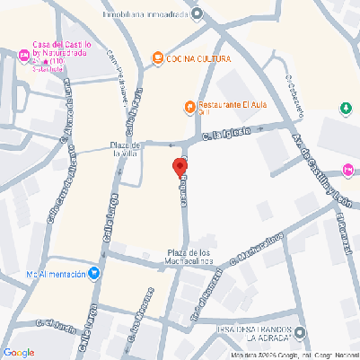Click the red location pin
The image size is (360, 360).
tap(177, 167)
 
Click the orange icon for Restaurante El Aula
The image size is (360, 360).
tap(189, 108)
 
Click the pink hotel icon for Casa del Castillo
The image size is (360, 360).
tap(24, 56)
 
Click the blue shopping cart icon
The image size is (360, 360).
tap(94, 274)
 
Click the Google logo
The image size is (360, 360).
tap(19, 351)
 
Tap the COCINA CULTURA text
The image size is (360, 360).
tap(198, 58)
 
